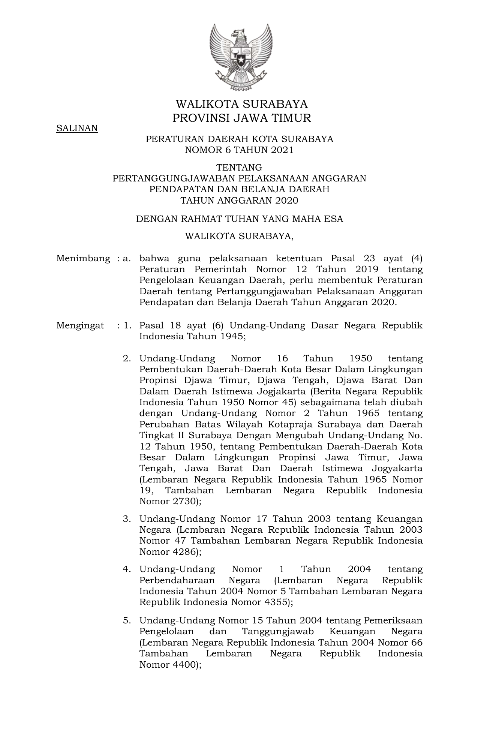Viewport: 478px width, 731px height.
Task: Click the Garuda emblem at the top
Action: tap(240, 57)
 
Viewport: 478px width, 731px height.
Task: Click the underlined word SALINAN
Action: tap(77, 128)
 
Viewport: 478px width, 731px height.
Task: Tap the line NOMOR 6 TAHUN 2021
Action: tap(239, 150)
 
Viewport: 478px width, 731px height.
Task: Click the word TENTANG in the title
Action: tap(239, 167)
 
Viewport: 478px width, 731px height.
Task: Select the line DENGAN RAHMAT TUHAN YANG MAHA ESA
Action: tap(239, 219)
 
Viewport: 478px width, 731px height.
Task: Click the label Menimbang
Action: tap(83, 258)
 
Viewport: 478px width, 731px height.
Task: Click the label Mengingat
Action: tap(80, 325)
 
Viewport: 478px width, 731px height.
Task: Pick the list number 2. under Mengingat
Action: tap(127, 358)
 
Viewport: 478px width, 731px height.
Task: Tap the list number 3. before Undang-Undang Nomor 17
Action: tap(127, 519)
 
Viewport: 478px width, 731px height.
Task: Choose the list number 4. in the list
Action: tap(127, 569)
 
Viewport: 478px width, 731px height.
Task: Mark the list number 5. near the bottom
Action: tap(127, 620)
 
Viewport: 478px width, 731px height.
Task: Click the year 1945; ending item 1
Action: tap(234, 336)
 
